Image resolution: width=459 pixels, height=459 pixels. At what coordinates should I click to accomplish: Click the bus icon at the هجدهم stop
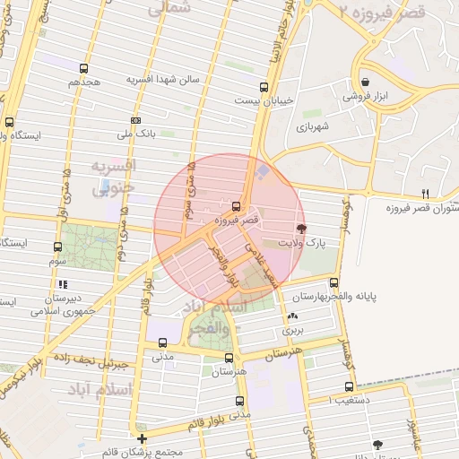[x=83, y=68]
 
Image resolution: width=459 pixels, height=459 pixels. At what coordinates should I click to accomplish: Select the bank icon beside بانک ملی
[x=135, y=120]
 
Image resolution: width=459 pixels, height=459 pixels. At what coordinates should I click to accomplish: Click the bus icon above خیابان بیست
[x=264, y=88]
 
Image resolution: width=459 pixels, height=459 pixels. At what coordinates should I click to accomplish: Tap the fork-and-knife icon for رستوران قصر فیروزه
[x=425, y=193]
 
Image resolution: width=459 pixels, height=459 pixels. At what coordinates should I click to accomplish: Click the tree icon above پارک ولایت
[x=299, y=229]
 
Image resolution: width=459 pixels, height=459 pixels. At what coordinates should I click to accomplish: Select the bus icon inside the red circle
[x=236, y=205]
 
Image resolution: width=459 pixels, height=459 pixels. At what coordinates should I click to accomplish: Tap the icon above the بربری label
[x=293, y=316]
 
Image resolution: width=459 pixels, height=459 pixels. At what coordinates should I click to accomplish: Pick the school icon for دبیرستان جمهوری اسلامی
[x=62, y=285]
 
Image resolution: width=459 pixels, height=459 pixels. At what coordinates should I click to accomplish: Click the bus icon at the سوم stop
[x=58, y=247]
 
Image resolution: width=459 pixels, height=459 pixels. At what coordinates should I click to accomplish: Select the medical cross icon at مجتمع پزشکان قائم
[x=142, y=437]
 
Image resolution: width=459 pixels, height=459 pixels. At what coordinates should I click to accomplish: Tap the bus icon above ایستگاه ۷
[x=10, y=122]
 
